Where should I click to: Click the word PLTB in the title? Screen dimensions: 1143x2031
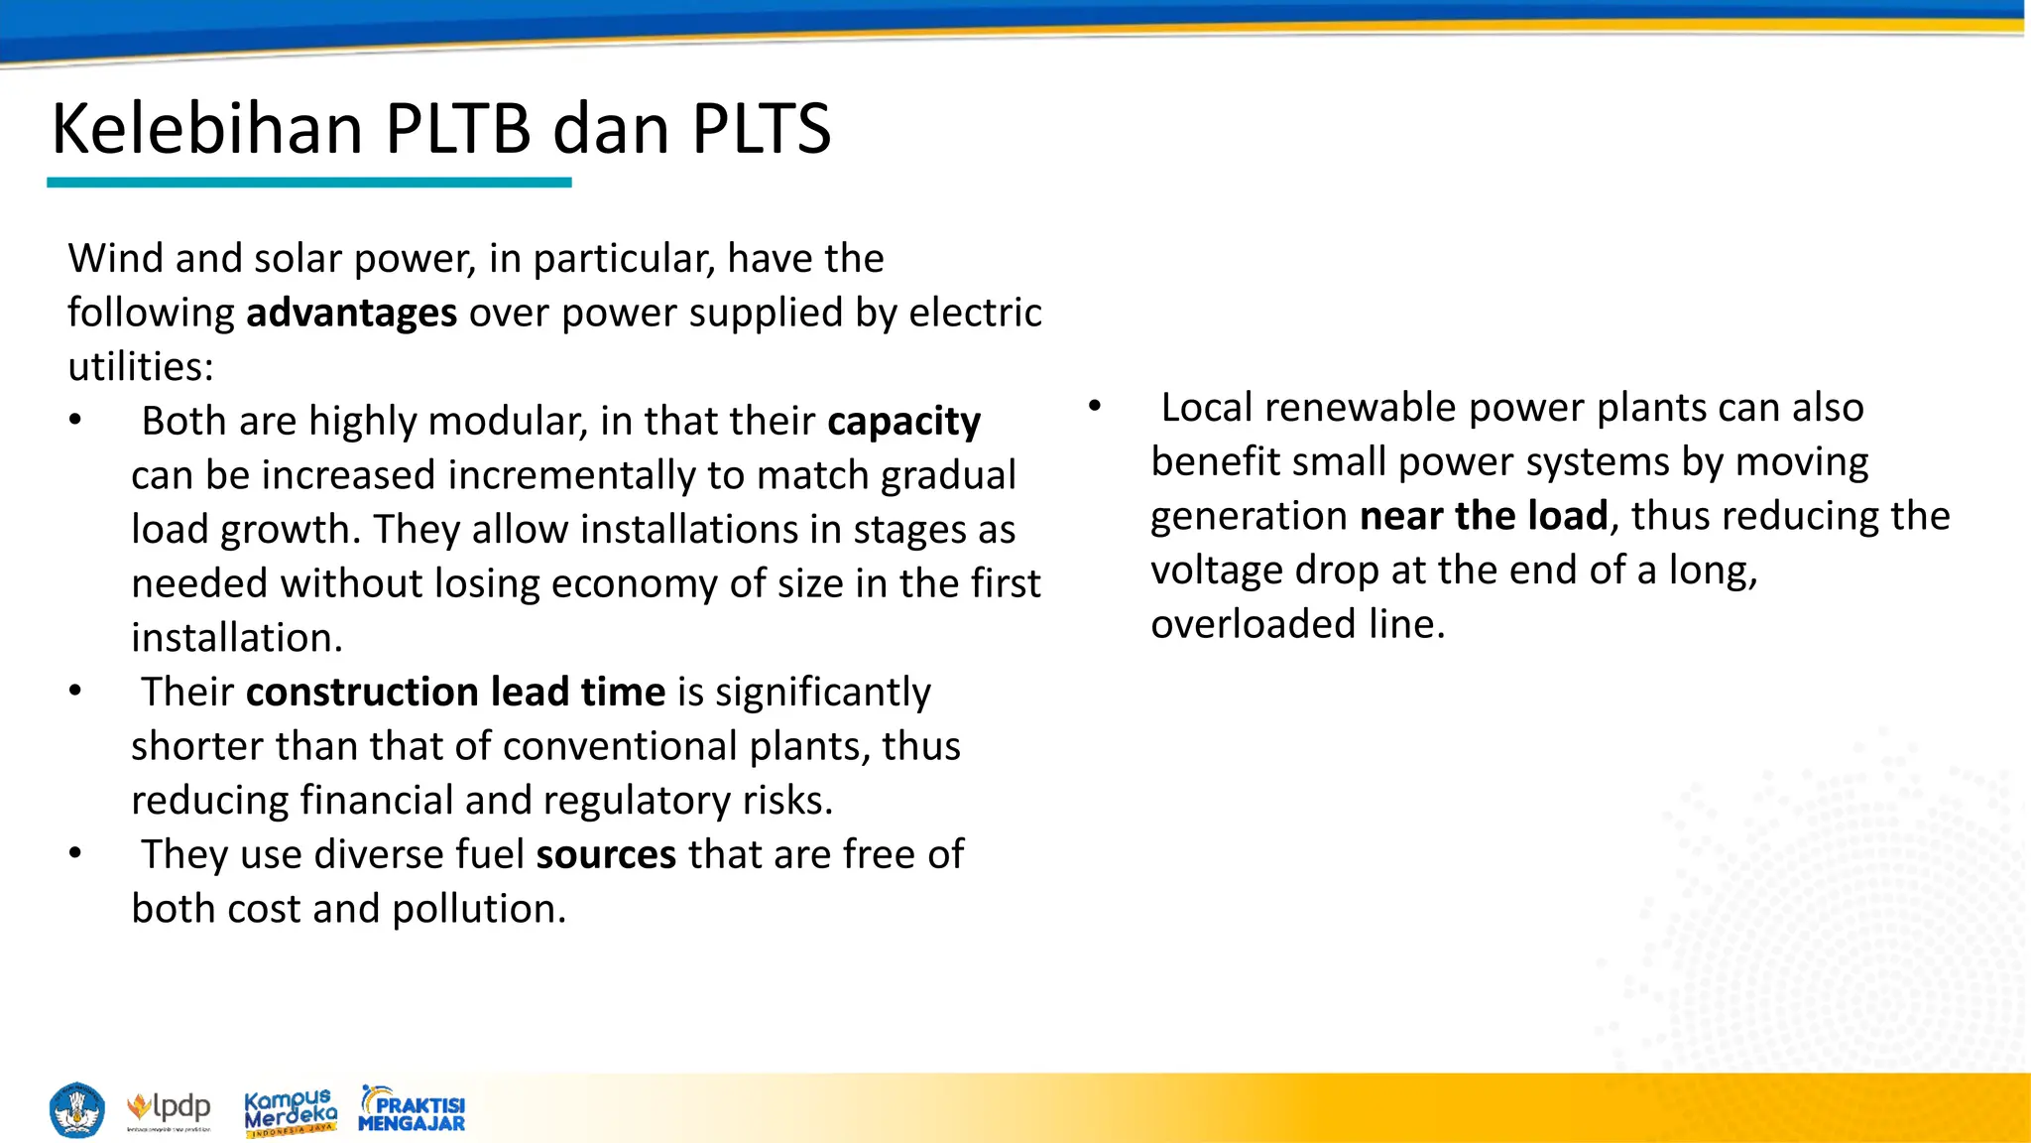[x=458, y=130]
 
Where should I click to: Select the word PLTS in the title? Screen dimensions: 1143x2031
[x=761, y=130]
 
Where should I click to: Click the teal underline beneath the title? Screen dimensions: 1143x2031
[x=309, y=183]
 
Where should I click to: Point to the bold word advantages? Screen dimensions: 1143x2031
[x=351, y=314]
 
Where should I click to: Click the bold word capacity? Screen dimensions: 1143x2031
[x=903, y=422]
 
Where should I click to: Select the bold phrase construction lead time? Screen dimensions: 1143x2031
[x=455, y=693]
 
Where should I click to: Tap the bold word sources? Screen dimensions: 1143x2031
[x=606, y=855]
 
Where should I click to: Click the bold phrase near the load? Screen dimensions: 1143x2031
[x=1484, y=517]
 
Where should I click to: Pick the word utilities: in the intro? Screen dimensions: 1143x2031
[x=141, y=367]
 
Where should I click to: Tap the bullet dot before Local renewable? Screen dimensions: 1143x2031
[x=1095, y=407]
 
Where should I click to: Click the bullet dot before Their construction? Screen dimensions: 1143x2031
[x=75, y=691]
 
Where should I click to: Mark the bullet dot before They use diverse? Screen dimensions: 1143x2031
[x=75, y=853]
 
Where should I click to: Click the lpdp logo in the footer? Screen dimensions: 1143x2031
[x=169, y=1109]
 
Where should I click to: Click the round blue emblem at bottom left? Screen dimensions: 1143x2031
[x=76, y=1110]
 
